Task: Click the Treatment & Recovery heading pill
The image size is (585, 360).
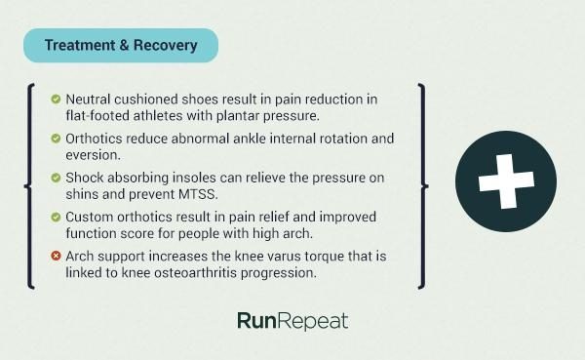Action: [x=121, y=45]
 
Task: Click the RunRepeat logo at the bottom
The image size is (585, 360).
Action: [x=292, y=321]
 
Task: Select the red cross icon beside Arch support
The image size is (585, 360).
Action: [x=56, y=256]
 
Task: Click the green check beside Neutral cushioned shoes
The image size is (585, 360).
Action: [x=56, y=100]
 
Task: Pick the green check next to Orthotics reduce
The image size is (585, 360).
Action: [x=56, y=139]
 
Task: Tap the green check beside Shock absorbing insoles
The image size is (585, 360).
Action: [x=56, y=178]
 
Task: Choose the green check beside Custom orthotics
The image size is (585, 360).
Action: [x=56, y=217]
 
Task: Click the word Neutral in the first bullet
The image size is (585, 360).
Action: [x=90, y=100]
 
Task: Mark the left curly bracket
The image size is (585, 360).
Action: [x=31, y=185]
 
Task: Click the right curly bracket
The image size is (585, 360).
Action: [x=421, y=185]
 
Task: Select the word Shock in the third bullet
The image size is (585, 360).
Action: [x=86, y=178]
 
